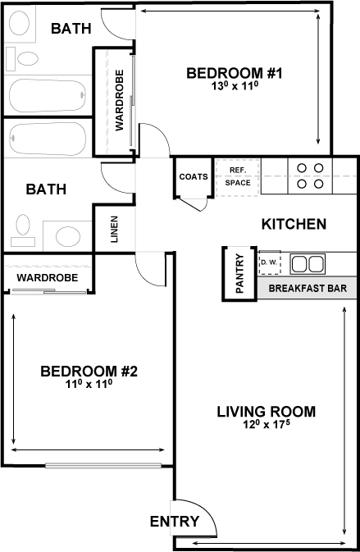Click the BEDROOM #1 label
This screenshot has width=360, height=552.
[234, 74]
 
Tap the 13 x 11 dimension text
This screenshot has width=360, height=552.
[234, 86]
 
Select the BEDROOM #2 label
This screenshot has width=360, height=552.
[89, 372]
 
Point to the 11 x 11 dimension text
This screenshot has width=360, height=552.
[89, 384]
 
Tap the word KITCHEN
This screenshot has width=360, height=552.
[294, 224]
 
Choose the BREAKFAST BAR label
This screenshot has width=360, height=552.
[307, 288]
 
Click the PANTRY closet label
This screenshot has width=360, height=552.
[240, 273]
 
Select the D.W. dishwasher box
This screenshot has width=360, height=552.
[269, 263]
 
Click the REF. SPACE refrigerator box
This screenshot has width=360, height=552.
[238, 176]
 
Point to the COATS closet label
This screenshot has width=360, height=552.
[193, 176]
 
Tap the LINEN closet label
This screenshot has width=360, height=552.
[115, 230]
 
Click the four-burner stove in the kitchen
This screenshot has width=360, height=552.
[310, 176]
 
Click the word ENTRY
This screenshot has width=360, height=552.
[175, 522]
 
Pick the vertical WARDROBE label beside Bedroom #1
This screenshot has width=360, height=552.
[119, 101]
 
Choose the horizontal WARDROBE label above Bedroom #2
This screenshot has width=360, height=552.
[48, 278]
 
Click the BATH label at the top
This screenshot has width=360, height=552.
[71, 29]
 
